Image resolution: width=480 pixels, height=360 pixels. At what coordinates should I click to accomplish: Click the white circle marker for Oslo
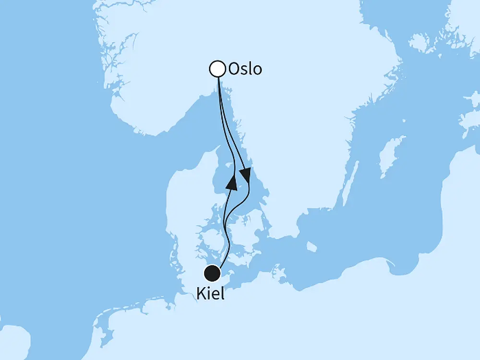tap(217, 69)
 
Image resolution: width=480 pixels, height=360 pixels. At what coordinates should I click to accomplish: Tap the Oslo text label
tap(245, 69)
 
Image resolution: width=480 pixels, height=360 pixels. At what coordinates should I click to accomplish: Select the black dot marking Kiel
tap(212, 273)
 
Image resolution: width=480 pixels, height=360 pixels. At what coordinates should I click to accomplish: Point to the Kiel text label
tap(210, 293)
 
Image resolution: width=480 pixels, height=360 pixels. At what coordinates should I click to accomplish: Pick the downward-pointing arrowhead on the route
tap(245, 176)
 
